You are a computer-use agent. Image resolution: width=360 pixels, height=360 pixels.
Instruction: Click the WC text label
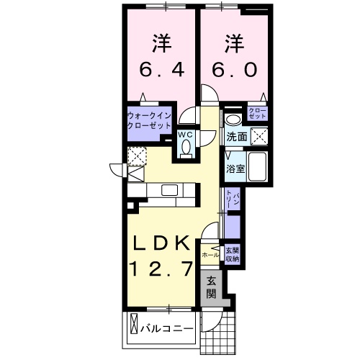[185, 134]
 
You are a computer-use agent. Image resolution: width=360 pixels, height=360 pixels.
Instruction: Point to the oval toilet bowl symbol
[186, 147]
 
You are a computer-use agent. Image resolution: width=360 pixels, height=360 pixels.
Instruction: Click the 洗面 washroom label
[237, 136]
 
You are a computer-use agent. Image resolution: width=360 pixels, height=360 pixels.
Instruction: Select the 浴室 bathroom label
[235, 169]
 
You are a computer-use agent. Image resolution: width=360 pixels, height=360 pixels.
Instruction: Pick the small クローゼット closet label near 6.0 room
[257, 112]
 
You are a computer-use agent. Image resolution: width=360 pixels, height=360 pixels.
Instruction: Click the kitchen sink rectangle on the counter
[170, 190]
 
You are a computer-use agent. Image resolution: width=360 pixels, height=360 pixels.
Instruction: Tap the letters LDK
[162, 243]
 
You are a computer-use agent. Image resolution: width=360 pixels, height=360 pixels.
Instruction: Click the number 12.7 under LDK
[162, 269]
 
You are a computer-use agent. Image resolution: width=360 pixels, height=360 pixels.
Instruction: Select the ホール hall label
[211, 255]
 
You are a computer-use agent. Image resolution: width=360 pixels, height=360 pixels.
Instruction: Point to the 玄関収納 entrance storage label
[232, 254]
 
